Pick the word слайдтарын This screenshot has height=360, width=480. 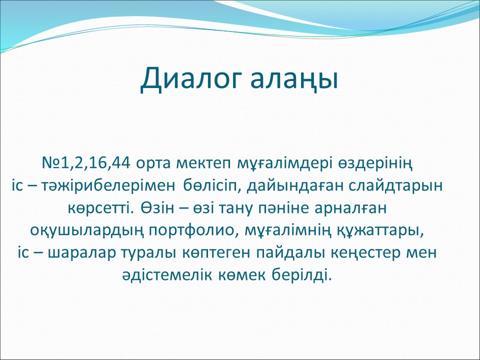pos(395,186)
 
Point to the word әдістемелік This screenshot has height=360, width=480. pos(167,275)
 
